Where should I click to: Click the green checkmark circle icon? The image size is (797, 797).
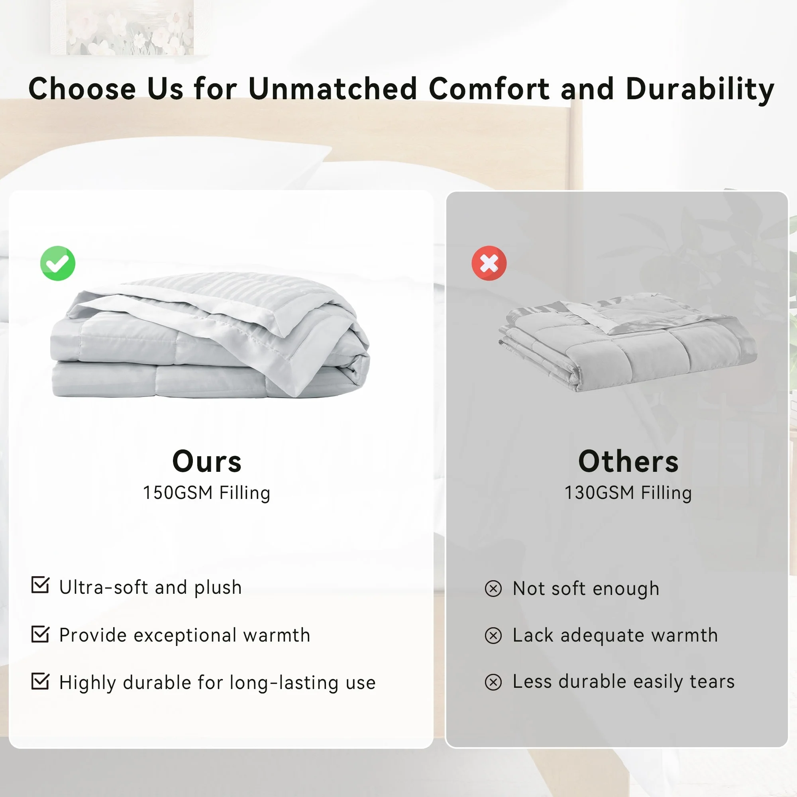(x=58, y=263)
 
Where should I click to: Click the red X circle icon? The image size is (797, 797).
(x=489, y=263)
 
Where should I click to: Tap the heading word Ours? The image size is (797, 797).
(x=207, y=461)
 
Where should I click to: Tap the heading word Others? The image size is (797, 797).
(x=628, y=461)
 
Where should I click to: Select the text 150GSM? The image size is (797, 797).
(x=178, y=493)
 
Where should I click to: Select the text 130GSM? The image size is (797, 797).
(x=599, y=493)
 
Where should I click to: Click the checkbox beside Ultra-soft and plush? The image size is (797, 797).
(x=40, y=585)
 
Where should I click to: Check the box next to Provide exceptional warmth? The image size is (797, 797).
(x=40, y=634)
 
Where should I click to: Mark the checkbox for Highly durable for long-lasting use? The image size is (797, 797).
(x=40, y=681)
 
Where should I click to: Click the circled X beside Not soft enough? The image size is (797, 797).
(x=493, y=589)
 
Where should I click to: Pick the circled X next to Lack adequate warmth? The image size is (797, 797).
(x=493, y=636)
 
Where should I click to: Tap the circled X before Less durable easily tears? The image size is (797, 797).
(x=493, y=682)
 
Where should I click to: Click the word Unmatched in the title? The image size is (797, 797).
(x=333, y=89)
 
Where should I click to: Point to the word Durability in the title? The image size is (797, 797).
(x=700, y=90)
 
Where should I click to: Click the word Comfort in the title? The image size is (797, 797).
(x=489, y=89)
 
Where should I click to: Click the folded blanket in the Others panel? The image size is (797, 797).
(x=628, y=342)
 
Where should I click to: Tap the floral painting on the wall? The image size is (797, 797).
(x=122, y=27)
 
